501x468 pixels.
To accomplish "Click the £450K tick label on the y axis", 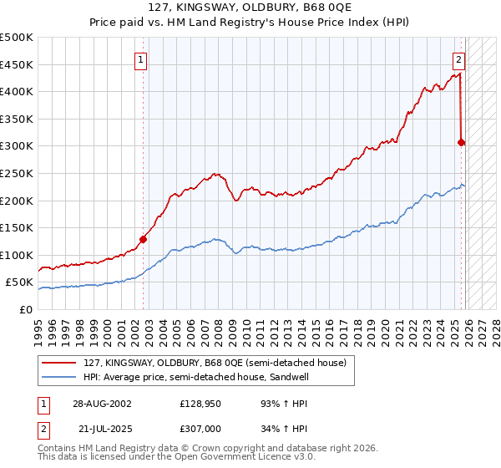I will (x=17, y=64).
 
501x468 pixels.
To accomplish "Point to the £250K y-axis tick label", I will (x=17, y=173).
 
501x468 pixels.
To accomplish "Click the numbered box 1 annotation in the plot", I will (x=141, y=59).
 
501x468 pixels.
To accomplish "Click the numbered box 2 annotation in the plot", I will (x=459, y=59).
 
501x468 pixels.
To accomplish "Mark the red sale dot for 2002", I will (x=143, y=239).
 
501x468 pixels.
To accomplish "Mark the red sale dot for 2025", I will (x=461, y=142).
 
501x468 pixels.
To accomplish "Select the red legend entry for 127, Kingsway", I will (x=208, y=362).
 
